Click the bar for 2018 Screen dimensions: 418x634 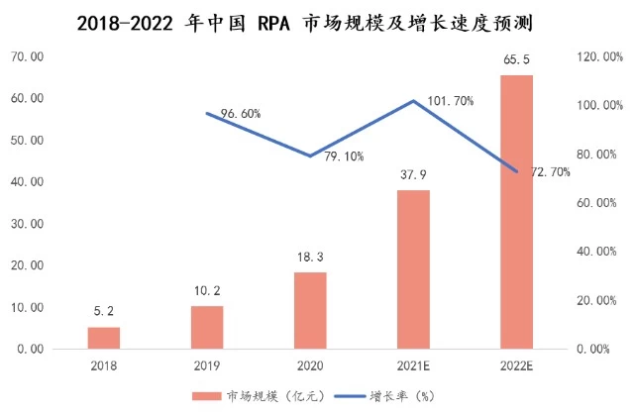coord(104,338)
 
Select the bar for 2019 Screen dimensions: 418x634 coord(207,328)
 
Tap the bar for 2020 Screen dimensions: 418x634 coord(311,311)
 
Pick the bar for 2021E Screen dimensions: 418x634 coord(414,269)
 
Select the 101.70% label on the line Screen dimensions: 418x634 coord(448,100)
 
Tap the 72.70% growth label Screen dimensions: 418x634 coord(551,171)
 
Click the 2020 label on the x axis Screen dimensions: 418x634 coord(311,365)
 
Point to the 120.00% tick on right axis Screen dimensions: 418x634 coord(598,57)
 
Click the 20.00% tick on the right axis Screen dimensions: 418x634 coord(598,300)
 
